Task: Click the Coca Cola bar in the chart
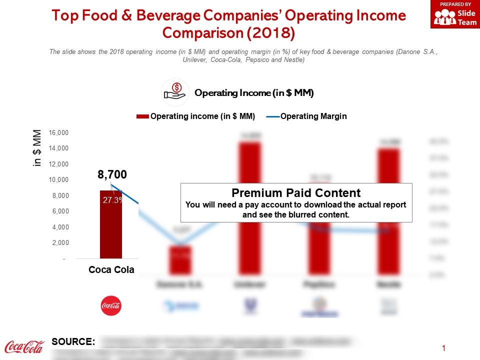pos(111,230)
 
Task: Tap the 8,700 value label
pos(112,174)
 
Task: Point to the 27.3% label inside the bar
pos(113,200)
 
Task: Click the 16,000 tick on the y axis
pos(59,132)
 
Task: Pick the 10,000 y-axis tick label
pos(59,180)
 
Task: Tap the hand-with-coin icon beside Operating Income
pos(175,92)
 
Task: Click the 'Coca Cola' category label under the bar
pos(111,270)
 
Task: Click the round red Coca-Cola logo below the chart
pos(111,305)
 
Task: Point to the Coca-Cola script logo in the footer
pos(24,346)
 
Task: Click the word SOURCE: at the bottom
pos(73,342)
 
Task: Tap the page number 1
pos(444,348)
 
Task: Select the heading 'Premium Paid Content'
pos(296,193)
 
